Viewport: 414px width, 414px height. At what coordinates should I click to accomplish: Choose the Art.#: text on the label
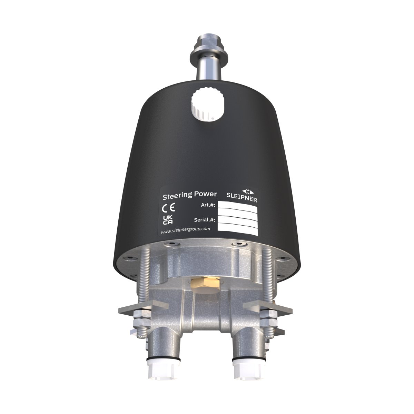(208, 205)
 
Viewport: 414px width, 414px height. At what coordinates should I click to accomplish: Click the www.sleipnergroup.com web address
(186, 231)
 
